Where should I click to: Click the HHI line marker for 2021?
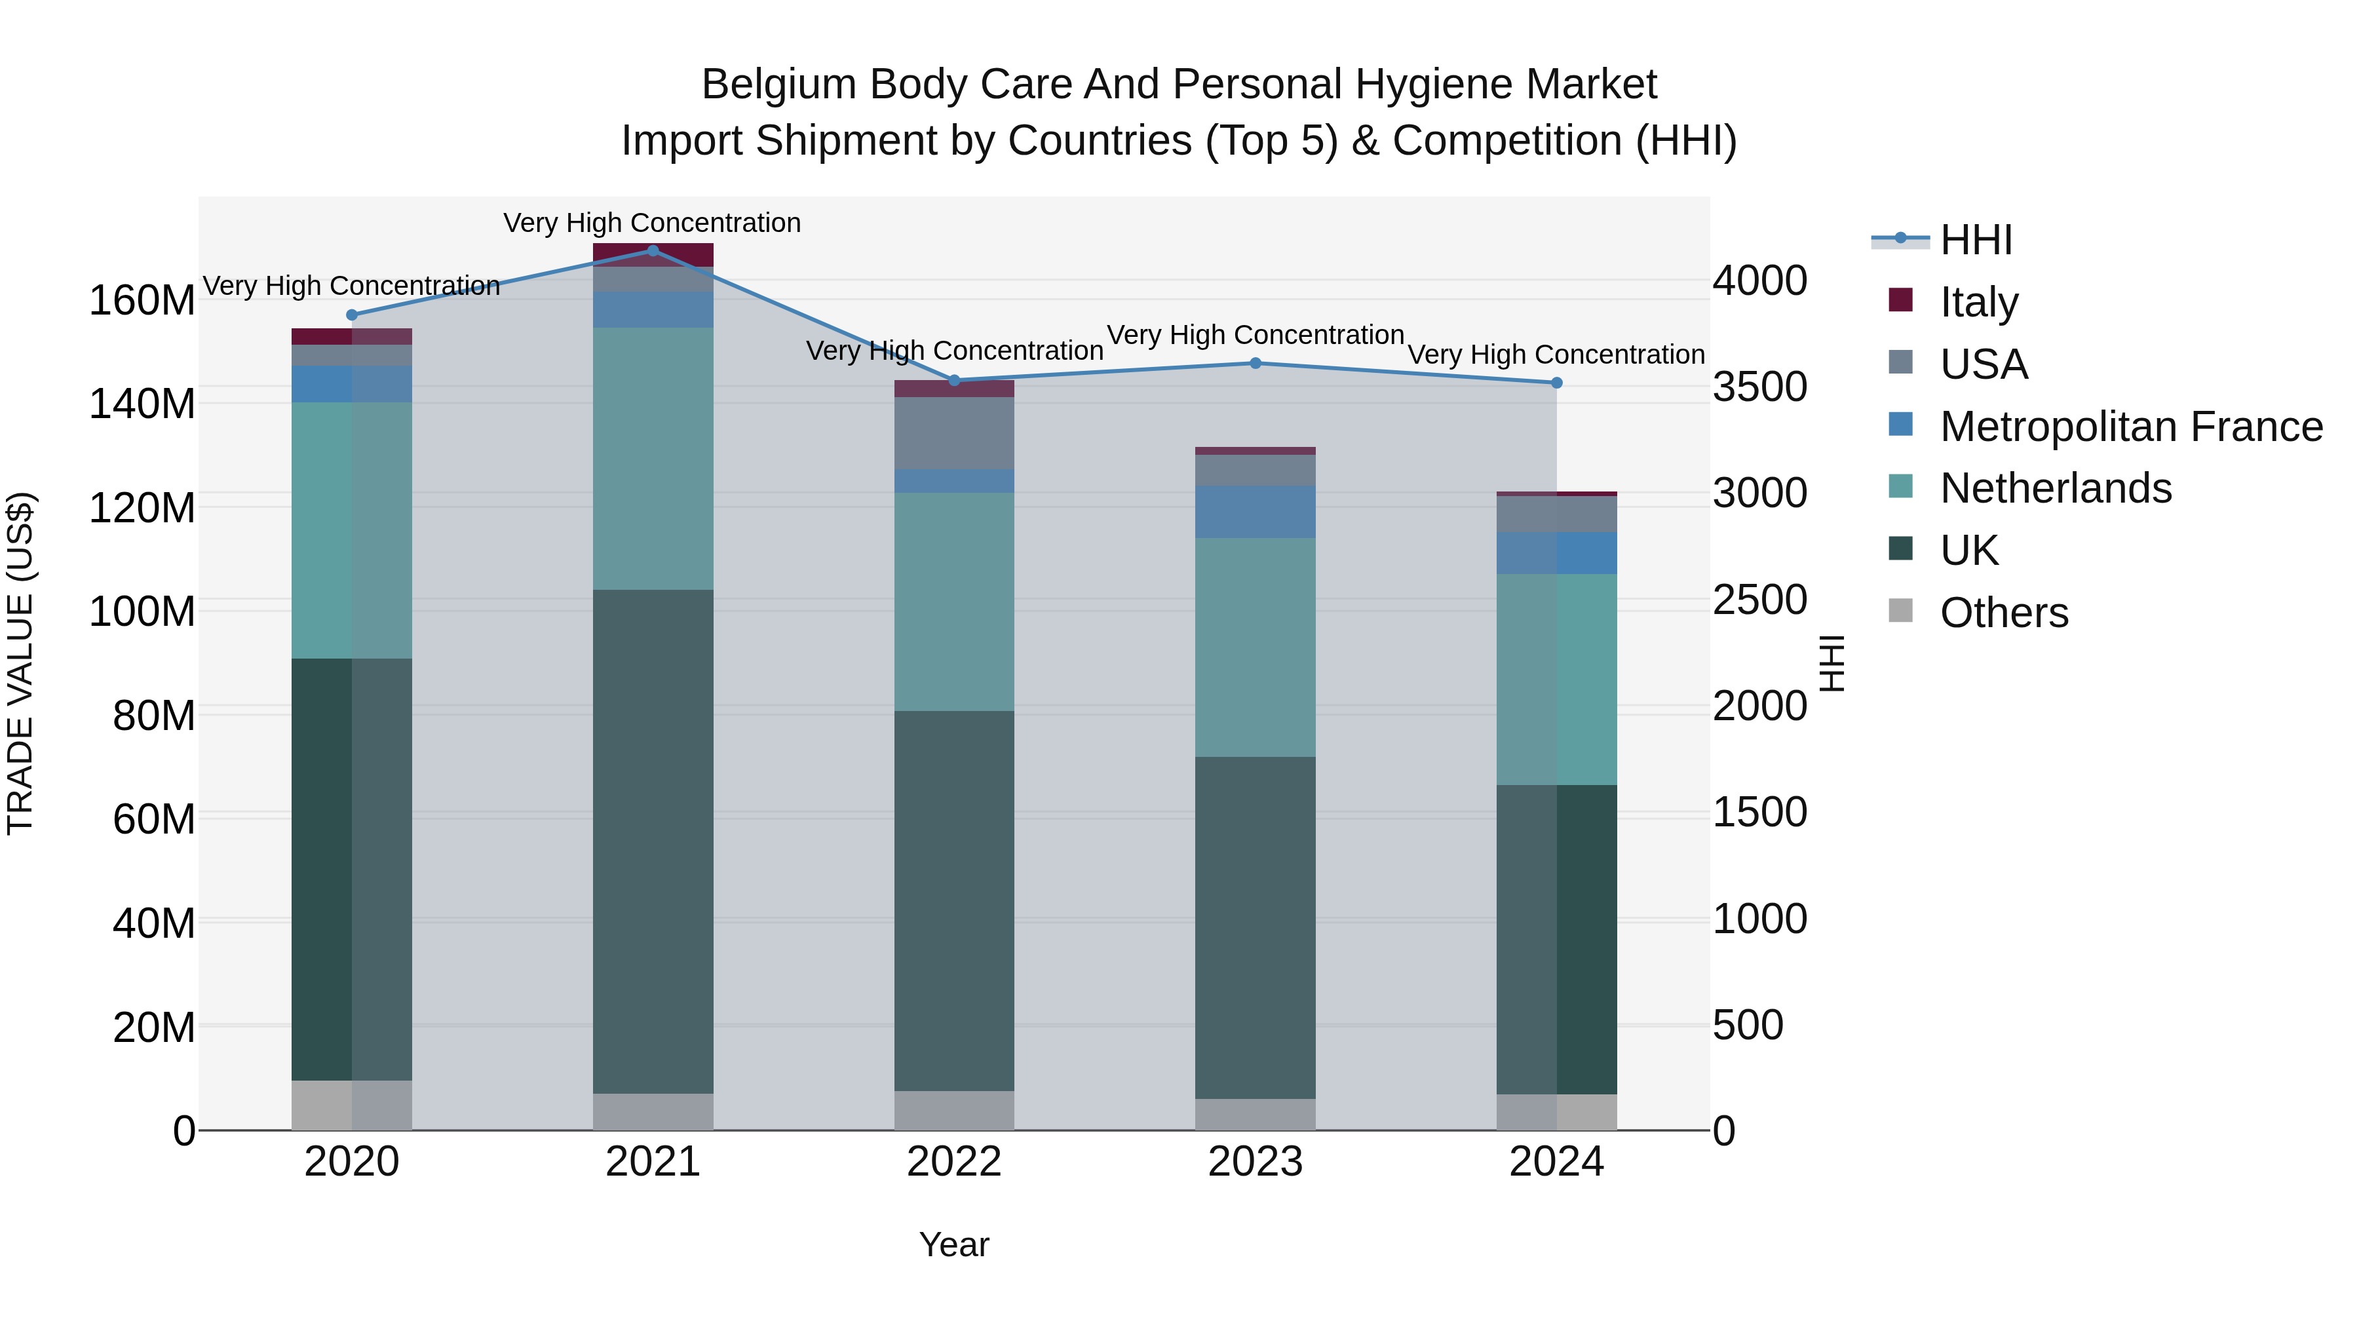(653, 250)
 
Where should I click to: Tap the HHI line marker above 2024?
(1557, 383)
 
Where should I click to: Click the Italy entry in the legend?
(1978, 302)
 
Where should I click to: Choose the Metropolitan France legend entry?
(2130, 427)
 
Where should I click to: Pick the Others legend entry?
(2004, 613)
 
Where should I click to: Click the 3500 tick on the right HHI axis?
(1760, 387)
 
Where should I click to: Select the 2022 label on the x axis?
(954, 1162)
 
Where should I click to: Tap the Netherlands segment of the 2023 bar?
(1256, 647)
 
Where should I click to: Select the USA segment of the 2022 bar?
(954, 433)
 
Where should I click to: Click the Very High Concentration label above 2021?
(652, 223)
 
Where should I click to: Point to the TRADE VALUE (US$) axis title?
(20, 663)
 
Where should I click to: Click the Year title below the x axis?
(954, 1244)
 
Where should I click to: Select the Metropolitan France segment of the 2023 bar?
(1256, 511)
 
